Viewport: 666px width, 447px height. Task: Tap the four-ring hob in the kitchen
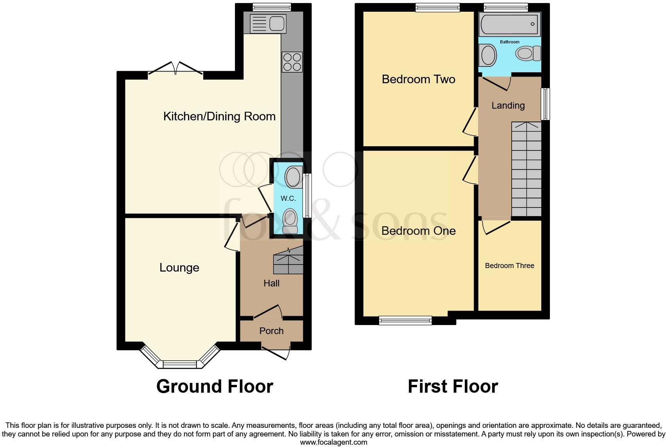click(292, 62)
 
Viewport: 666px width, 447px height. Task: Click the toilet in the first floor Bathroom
click(528, 54)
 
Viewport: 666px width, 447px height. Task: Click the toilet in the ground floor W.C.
click(290, 221)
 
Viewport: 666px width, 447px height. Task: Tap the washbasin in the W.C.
click(293, 177)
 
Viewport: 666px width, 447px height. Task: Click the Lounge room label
click(179, 268)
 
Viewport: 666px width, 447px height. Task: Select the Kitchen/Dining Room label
click(219, 116)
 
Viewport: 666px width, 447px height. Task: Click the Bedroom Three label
click(509, 266)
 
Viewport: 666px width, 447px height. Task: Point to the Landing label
click(508, 105)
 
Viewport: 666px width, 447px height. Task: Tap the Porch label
click(271, 331)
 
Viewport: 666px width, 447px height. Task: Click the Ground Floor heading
click(215, 386)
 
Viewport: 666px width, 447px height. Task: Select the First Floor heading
click(453, 386)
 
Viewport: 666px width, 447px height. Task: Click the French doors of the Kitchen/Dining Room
click(175, 69)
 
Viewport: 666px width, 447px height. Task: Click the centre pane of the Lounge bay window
click(179, 364)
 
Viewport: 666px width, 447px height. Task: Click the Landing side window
click(545, 104)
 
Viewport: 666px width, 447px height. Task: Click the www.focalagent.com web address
click(333, 442)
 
